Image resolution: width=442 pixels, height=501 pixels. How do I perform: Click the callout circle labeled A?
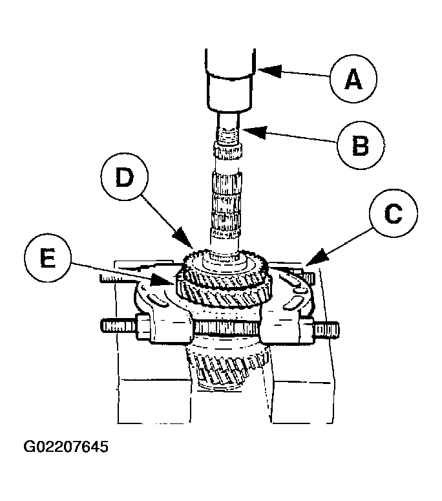[352, 80]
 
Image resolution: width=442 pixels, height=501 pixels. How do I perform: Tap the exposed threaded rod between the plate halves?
[226, 328]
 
